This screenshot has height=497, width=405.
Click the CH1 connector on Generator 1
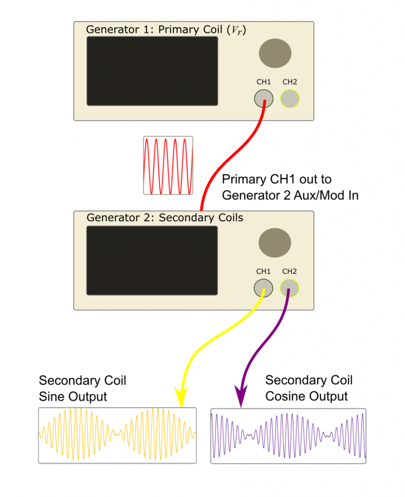pyautogui.click(x=264, y=99)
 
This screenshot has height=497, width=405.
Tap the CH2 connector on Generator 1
pyautogui.click(x=290, y=99)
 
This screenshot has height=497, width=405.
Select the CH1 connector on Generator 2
pyautogui.click(x=263, y=289)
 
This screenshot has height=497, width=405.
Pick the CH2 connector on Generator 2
pyautogui.click(x=290, y=289)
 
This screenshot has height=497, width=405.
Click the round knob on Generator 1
pyautogui.click(x=275, y=53)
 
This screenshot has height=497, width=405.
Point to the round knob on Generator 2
pyautogui.click(x=274, y=243)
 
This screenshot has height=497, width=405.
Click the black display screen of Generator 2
pyautogui.click(x=152, y=260)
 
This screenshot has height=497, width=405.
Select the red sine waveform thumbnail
pyautogui.click(x=168, y=166)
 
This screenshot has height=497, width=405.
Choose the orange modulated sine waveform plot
pyautogui.click(x=118, y=435)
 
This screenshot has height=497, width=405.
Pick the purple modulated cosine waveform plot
pyautogui.click(x=288, y=435)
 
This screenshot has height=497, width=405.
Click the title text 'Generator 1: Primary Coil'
pyautogui.click(x=155, y=29)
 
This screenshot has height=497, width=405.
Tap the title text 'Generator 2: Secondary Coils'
pyautogui.click(x=165, y=217)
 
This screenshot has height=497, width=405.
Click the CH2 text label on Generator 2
pyautogui.click(x=289, y=271)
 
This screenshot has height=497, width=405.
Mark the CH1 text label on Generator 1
pyautogui.click(x=263, y=82)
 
